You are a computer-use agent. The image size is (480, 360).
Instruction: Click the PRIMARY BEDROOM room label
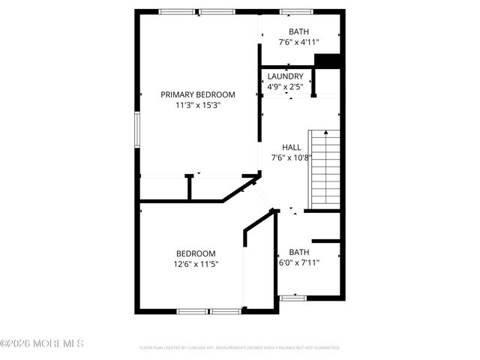[x=198, y=94]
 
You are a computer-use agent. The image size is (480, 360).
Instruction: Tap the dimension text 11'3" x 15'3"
[x=198, y=105]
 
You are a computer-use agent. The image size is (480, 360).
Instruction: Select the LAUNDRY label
[x=285, y=76]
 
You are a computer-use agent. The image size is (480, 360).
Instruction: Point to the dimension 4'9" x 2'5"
[x=285, y=87]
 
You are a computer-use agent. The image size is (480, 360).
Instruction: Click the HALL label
[x=291, y=147]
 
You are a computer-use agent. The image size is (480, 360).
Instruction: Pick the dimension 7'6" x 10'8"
[x=291, y=157]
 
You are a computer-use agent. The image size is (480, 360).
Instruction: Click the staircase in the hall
[x=325, y=168]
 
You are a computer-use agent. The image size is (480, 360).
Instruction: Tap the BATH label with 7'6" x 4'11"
[x=299, y=31]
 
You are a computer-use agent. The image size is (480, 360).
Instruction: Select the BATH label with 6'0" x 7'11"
[x=299, y=252]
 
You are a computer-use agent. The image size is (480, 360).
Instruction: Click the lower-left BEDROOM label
[x=196, y=253]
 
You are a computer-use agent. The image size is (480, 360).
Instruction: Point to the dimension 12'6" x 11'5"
[x=196, y=264]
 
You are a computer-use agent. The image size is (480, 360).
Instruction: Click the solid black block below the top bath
[x=328, y=61]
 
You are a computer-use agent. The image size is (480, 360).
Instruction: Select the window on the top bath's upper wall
[x=292, y=11]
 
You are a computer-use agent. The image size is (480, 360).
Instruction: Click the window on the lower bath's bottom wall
[x=292, y=298]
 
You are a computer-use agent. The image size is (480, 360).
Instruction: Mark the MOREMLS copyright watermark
[x=42, y=343]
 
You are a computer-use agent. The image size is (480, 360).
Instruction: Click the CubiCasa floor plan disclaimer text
[x=240, y=348]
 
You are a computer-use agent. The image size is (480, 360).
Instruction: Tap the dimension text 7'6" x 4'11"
[x=299, y=43]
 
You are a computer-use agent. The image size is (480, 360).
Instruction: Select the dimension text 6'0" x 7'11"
[x=299, y=262]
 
